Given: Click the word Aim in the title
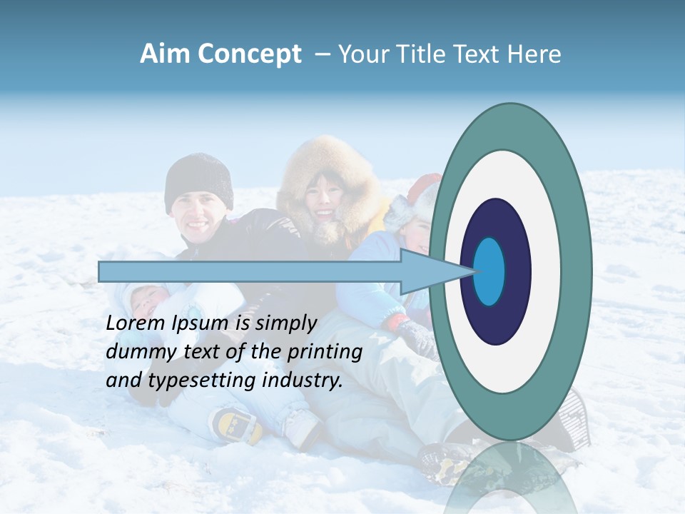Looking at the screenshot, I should [x=165, y=54].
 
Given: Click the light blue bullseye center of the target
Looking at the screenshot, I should [x=489, y=272].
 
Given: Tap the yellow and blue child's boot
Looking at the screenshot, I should [x=235, y=425].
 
